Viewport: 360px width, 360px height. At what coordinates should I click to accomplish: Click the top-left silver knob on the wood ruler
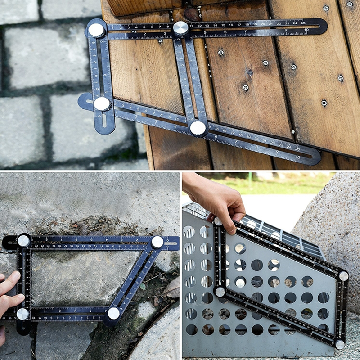(x=96, y=30)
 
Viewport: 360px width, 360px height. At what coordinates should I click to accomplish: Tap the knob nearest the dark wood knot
(x=181, y=28)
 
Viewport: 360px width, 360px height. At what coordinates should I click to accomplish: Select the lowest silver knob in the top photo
(x=198, y=128)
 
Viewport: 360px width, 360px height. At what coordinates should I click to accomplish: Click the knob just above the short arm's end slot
(x=102, y=103)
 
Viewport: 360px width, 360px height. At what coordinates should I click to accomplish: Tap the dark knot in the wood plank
(x=191, y=14)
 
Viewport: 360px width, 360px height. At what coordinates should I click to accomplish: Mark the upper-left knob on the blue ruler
(x=23, y=241)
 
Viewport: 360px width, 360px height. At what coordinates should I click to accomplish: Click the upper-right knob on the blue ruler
(x=157, y=242)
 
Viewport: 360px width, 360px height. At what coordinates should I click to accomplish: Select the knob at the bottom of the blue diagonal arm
(x=113, y=313)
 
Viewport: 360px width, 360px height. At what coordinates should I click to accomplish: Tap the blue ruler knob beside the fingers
(x=22, y=314)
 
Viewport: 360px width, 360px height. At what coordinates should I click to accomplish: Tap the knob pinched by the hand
(x=218, y=221)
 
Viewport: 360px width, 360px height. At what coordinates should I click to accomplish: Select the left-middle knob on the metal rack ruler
(x=220, y=292)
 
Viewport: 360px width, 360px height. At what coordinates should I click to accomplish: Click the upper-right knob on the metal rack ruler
(x=343, y=276)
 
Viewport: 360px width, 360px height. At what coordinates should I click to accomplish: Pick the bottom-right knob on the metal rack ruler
(x=340, y=345)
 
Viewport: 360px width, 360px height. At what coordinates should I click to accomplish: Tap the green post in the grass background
(x=250, y=180)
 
